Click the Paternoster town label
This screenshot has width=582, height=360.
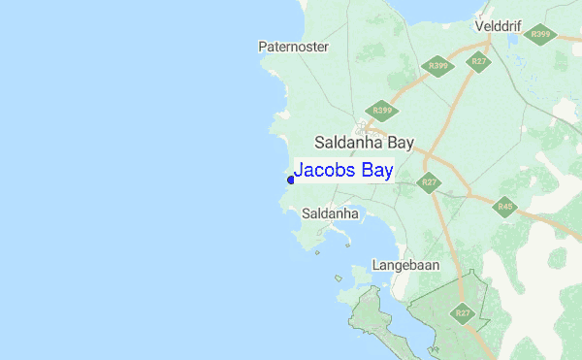294,47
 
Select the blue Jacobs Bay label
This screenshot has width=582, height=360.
343,171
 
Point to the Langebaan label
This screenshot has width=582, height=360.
405,265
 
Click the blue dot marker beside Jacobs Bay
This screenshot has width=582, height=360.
290,180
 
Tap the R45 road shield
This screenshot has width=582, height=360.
504,207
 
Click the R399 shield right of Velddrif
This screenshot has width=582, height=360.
540,35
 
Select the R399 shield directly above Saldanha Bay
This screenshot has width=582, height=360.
380,111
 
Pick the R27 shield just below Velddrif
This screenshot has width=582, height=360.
479,61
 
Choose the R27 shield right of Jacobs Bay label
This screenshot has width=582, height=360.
428,181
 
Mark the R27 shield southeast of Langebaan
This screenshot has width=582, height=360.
463,313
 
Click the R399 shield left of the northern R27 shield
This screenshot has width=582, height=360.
438,67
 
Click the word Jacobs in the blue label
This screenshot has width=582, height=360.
325,171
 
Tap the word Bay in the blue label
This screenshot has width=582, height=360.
376,172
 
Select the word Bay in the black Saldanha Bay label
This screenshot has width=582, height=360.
397,143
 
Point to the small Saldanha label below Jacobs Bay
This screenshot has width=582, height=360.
331,213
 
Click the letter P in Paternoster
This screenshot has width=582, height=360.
263,47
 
